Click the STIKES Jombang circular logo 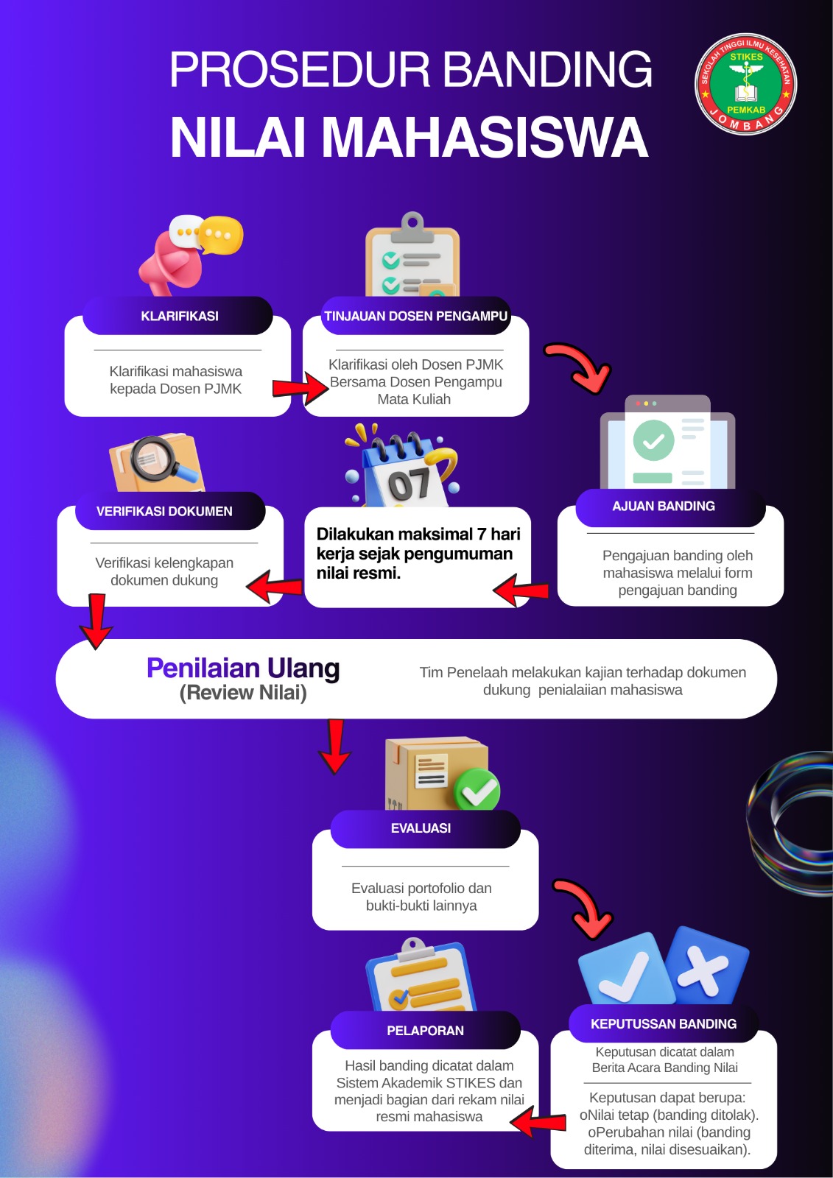[745, 84]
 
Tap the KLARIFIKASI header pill [178, 316]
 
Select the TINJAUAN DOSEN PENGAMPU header [415, 316]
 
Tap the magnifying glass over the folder [158, 459]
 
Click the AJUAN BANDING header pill [663, 507]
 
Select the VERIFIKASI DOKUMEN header [164, 511]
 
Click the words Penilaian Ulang [243, 668]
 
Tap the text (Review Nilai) [243, 693]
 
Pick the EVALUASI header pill [421, 828]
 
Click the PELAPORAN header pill [425, 1031]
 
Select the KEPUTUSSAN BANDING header [663, 1024]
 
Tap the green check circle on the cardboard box [477, 791]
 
